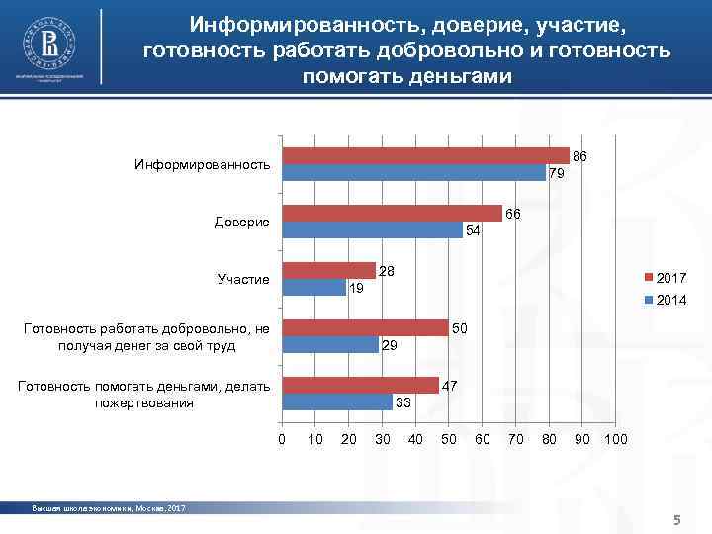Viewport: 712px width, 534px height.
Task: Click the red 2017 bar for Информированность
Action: coord(425,155)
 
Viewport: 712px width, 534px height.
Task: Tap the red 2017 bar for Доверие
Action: coord(392,214)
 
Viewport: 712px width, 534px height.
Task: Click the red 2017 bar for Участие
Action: coord(328,271)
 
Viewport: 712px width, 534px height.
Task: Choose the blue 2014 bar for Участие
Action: coord(313,288)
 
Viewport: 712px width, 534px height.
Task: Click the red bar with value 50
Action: coord(365,328)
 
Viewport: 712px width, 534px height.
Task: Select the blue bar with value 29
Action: coord(330,345)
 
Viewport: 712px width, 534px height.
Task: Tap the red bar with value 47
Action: coord(360,386)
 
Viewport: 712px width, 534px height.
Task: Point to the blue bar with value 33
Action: coord(336,402)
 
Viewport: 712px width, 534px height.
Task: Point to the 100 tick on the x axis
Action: coord(614,439)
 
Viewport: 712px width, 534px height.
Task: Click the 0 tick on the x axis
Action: coord(282,439)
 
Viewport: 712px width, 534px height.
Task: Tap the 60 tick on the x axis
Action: coord(482,439)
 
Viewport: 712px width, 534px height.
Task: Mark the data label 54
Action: coord(473,231)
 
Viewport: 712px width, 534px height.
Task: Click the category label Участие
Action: coord(242,280)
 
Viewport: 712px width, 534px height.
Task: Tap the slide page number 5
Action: coord(677,520)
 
